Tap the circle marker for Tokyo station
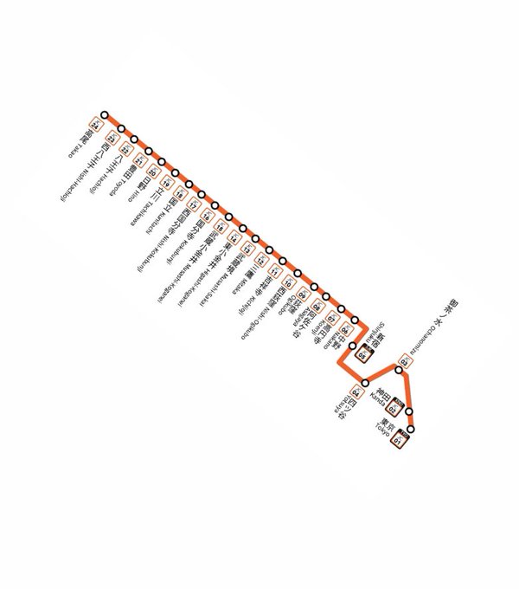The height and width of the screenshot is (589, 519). tap(414, 429)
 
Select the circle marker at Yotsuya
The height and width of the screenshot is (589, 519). tap(365, 382)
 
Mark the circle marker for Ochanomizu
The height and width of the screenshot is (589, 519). tap(399, 371)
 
